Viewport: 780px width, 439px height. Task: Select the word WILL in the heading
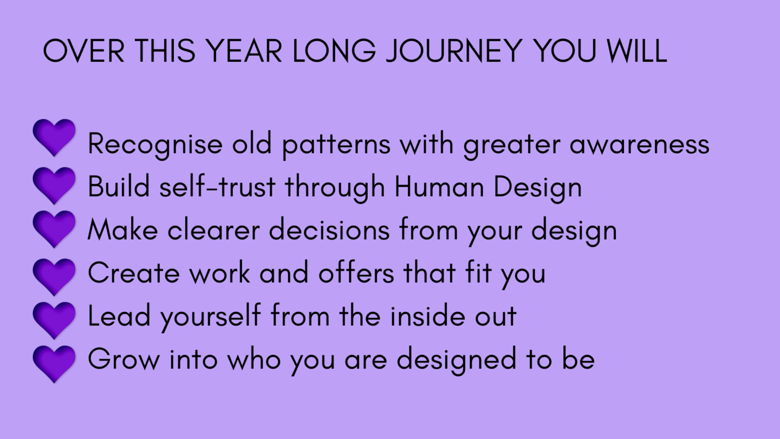point(637,50)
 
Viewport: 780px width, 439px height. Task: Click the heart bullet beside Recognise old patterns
point(54,138)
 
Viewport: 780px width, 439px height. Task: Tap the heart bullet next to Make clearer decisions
point(54,229)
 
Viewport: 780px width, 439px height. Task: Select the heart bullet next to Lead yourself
point(54,320)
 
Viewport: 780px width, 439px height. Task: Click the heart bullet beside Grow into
point(54,364)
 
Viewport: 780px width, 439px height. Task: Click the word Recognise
point(155,145)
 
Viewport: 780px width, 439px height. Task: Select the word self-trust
point(218,186)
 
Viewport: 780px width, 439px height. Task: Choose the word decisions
point(329,230)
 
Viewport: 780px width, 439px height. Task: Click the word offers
point(356,273)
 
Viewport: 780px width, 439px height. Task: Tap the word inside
point(427,316)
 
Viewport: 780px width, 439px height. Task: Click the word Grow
point(123,359)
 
